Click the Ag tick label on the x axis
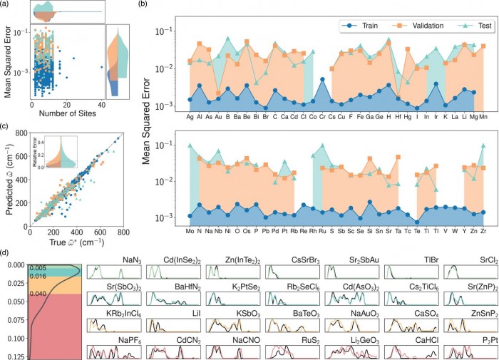coord(190,116)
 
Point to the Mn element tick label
coord(484,116)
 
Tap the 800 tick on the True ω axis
coord(123,232)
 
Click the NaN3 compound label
coord(130,262)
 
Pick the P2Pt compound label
coord(470,341)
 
